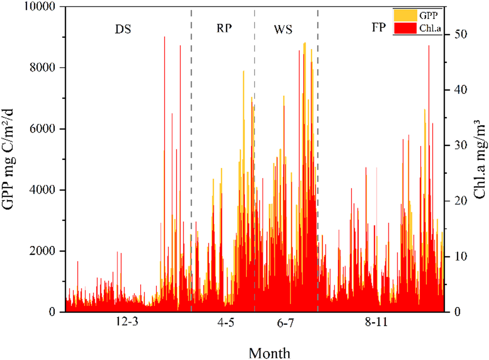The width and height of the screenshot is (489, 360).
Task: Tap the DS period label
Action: coord(123,30)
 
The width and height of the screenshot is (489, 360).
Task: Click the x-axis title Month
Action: coord(270,353)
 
